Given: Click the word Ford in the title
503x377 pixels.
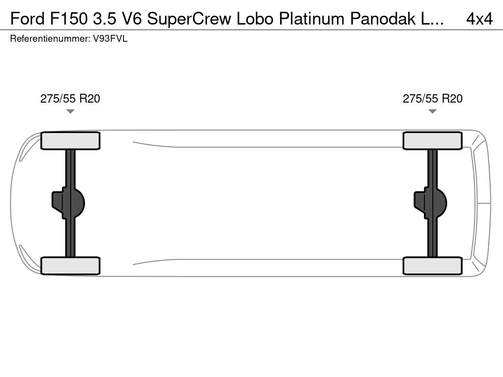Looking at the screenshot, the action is click(x=28, y=19).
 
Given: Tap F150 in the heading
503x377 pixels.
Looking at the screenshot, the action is click(x=69, y=19).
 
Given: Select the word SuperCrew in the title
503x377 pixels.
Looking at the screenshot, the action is click(x=189, y=19).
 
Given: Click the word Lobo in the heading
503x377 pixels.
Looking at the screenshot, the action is click(x=255, y=19).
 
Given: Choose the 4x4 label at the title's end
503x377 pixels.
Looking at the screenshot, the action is click(x=479, y=19).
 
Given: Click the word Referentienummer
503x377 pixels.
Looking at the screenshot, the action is click(x=50, y=38).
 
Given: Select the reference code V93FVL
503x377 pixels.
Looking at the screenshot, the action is click(x=111, y=38).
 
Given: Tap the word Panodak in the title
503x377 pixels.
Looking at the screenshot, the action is click(x=383, y=19).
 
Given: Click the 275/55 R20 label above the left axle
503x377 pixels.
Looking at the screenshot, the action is click(x=70, y=98).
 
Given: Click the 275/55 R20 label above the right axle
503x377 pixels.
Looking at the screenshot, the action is click(x=432, y=98).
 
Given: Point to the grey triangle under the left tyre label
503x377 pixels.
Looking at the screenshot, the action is click(x=70, y=111).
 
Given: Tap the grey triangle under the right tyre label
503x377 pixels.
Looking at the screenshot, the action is click(x=432, y=111).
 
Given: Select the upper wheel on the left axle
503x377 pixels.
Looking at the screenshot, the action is click(x=70, y=141).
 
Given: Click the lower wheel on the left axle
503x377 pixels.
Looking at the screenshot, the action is click(x=70, y=266).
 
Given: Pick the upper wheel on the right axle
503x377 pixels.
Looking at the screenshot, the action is click(x=432, y=141).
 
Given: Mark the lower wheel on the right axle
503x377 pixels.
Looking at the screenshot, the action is click(x=432, y=266).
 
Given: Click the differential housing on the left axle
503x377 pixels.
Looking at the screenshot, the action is click(x=68, y=203).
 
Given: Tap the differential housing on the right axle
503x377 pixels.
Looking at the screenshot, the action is click(x=430, y=203).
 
